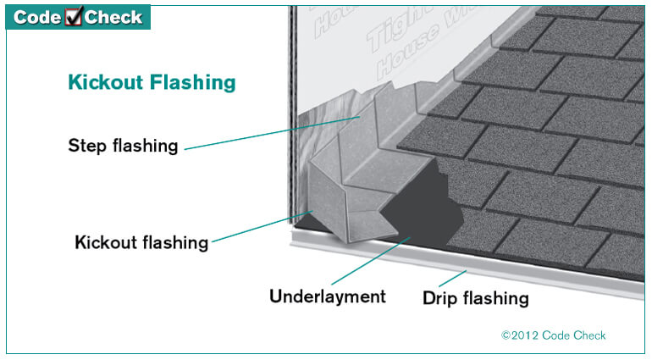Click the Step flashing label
tap(123, 146)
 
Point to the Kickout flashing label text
tap(141, 242)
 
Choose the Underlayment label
tap(327, 296)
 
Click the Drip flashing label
tap(475, 298)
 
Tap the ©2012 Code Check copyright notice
tap(554, 335)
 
